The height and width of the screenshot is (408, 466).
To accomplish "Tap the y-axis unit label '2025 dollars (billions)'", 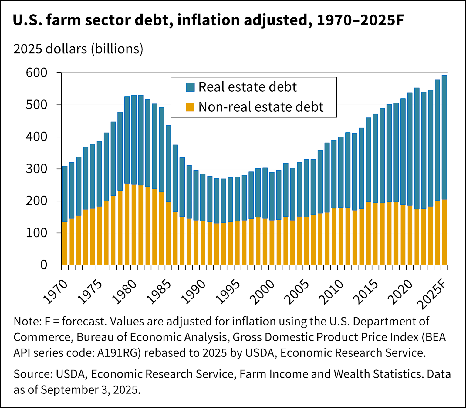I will click(x=78, y=49).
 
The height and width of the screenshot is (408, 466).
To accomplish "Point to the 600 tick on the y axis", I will click(x=36, y=73).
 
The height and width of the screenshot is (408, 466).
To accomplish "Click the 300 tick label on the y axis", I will click(x=36, y=169).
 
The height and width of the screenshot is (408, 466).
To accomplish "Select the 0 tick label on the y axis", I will click(x=44, y=265).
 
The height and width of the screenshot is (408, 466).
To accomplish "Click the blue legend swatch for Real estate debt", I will click(x=190, y=87).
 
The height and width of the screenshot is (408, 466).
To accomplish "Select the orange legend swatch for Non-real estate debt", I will click(x=190, y=107).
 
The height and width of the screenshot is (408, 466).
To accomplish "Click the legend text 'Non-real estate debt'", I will click(x=261, y=107).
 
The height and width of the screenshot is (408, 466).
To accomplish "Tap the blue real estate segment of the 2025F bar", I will click(x=444, y=137).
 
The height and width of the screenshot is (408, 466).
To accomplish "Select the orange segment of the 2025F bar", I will click(x=444, y=232).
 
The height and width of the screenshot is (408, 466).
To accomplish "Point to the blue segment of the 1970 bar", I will click(x=65, y=194).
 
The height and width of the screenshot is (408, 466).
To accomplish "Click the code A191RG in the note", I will click(x=119, y=353).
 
